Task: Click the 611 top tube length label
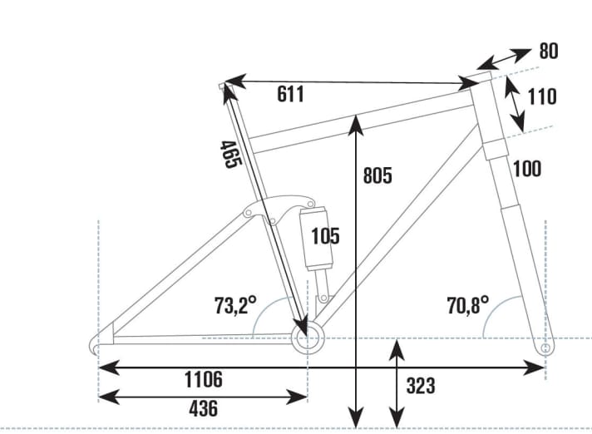290,95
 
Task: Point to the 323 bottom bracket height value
421,386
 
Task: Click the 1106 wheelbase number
203,380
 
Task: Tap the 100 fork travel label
527,169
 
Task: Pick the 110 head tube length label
541,96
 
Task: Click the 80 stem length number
548,52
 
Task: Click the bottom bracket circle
307,338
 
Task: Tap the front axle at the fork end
545,350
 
